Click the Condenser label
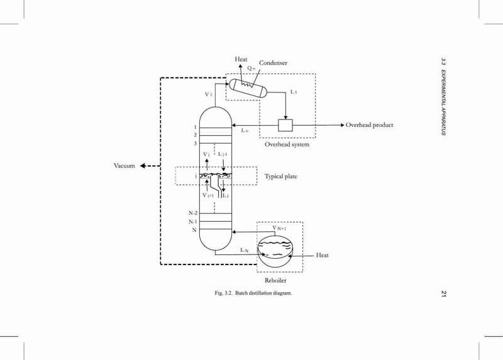273,63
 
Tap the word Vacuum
124,166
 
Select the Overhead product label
369,125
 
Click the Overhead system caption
287,145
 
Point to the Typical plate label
280,177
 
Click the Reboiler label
275,280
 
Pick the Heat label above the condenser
241,59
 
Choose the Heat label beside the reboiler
322,255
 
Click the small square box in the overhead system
285,126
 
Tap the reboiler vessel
276,252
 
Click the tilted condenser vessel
248,88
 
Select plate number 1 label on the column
196,128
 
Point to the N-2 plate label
193,213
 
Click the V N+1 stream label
279,228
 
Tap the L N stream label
244,250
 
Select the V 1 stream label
209,95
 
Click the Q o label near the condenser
251,68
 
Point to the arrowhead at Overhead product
342,125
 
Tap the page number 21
444,293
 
